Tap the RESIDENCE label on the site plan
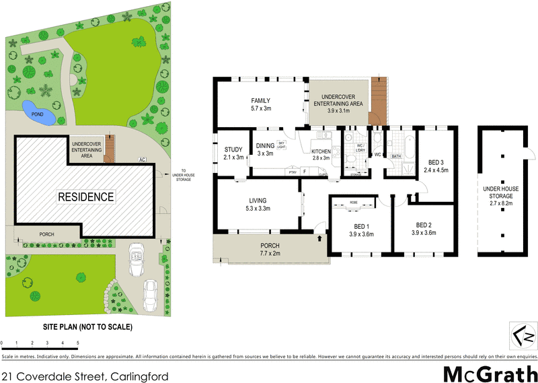click(x=85, y=197)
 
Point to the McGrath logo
click(x=490, y=372)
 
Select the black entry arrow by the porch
click(x=319, y=236)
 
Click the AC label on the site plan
click(x=142, y=160)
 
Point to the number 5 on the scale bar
click(x=78, y=343)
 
